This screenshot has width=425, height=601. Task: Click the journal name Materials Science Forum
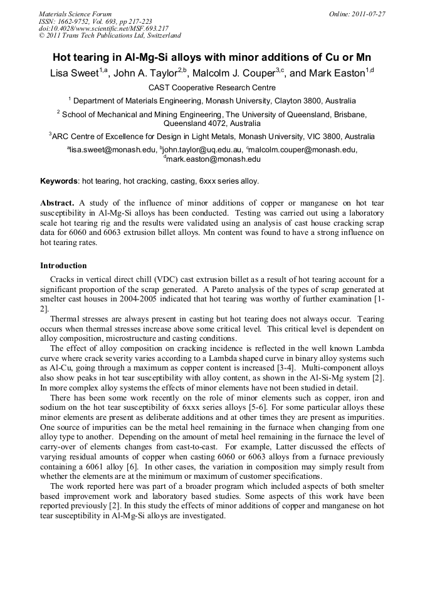75,14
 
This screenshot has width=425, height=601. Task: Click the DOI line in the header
103,28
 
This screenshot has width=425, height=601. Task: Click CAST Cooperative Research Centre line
212,88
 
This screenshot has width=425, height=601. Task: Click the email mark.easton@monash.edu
213,159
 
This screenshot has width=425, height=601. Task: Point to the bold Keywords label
59,181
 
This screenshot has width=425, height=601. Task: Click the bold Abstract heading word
57,204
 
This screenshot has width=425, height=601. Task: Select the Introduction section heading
63,266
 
